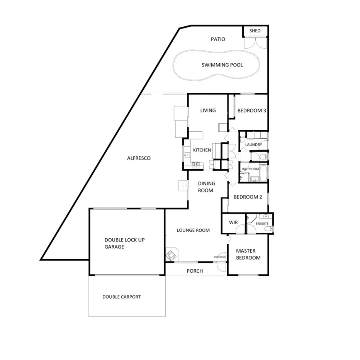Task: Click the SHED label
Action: coord(255,31)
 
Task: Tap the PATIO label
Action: coord(218,39)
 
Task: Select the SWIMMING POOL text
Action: coord(222,65)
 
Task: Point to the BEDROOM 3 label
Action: coord(251,110)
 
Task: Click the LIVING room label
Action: coord(208,110)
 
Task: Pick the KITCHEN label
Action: coord(202,150)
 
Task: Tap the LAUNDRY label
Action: coord(253,145)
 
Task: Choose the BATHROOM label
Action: coord(250,169)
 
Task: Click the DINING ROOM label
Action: coord(206,187)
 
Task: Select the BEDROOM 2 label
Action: coord(248,197)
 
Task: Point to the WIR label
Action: coord(233,222)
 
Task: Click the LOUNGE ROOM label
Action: coord(193,230)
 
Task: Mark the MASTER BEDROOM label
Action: coord(248,255)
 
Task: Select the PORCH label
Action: coord(195,271)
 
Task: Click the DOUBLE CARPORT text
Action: coord(121,297)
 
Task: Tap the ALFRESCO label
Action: coord(139,158)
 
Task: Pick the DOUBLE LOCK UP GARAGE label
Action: coord(124,243)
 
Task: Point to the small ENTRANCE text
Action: coord(219,257)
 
